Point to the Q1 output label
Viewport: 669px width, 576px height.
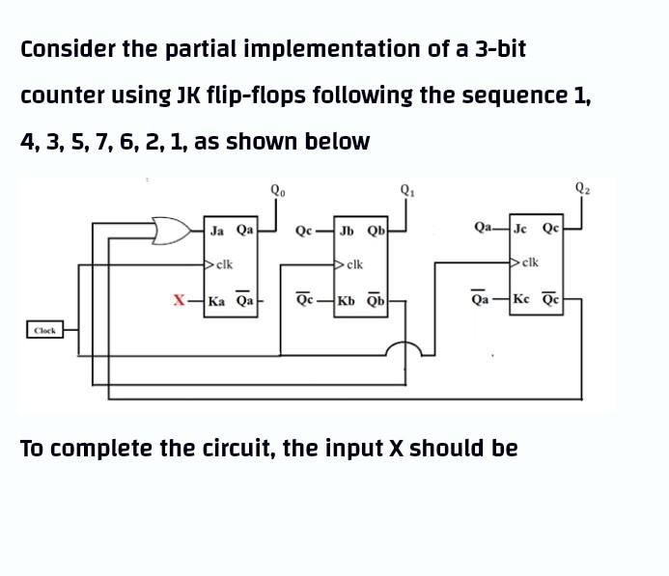click(x=406, y=188)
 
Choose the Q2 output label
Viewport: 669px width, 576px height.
click(x=582, y=188)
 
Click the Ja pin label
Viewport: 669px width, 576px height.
click(x=217, y=231)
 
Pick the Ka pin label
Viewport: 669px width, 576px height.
click(x=218, y=300)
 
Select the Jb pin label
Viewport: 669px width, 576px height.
click(x=348, y=231)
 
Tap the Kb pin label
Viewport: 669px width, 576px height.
click(x=348, y=300)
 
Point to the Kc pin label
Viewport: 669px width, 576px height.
click(x=521, y=300)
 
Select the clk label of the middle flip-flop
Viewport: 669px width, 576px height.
click(x=352, y=262)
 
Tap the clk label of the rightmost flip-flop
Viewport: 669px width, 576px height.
click(x=529, y=261)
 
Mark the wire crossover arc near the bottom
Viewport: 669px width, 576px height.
click(x=404, y=351)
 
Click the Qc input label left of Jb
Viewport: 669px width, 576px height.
click(x=304, y=231)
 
